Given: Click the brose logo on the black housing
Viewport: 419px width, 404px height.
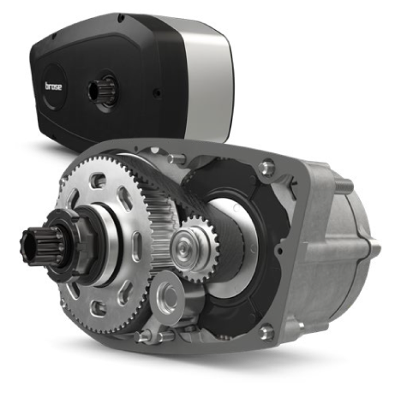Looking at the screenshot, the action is pyautogui.click(x=53, y=86).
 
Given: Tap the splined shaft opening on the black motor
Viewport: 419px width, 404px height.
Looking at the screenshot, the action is pyautogui.click(x=102, y=91).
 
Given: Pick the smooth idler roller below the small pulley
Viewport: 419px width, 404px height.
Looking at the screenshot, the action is pyautogui.click(x=167, y=298).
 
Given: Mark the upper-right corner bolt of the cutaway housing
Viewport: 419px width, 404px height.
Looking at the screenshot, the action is pyautogui.click(x=267, y=168).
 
